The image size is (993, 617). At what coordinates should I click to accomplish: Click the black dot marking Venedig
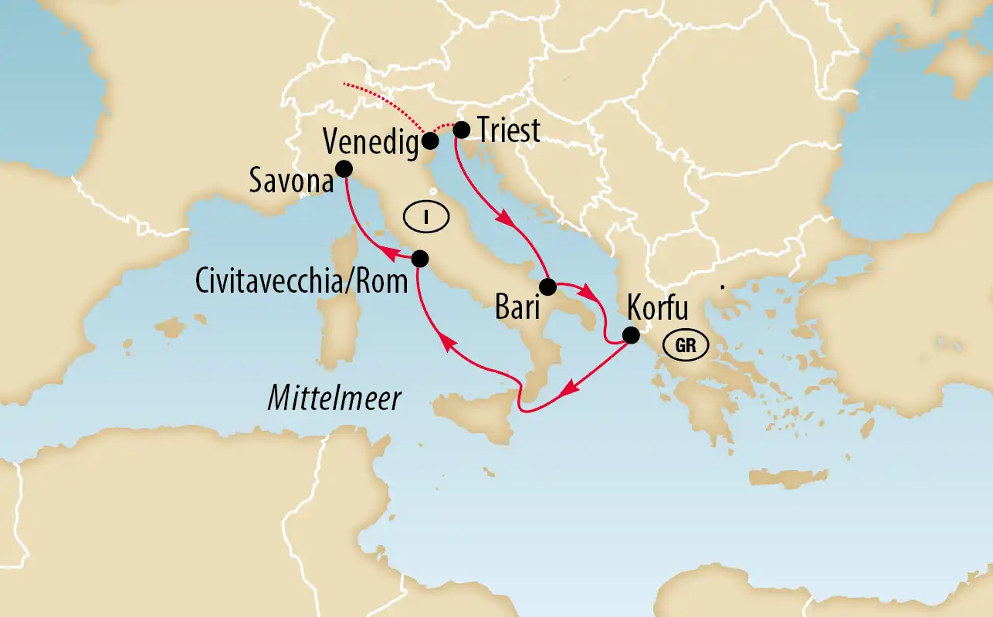pos(431,141)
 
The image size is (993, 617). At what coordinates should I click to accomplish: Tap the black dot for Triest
pos(461,130)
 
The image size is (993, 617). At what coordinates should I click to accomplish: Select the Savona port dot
pos(344,168)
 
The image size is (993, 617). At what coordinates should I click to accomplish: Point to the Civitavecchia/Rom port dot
pos(419,258)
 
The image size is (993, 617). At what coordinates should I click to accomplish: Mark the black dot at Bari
pos(547,287)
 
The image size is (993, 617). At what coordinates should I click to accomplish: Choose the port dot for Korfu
pos(631,335)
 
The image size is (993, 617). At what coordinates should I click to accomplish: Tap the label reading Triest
pos(509,131)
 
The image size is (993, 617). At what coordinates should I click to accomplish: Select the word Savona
pos(290,183)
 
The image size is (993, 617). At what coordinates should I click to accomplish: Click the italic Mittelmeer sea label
pos(334,399)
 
